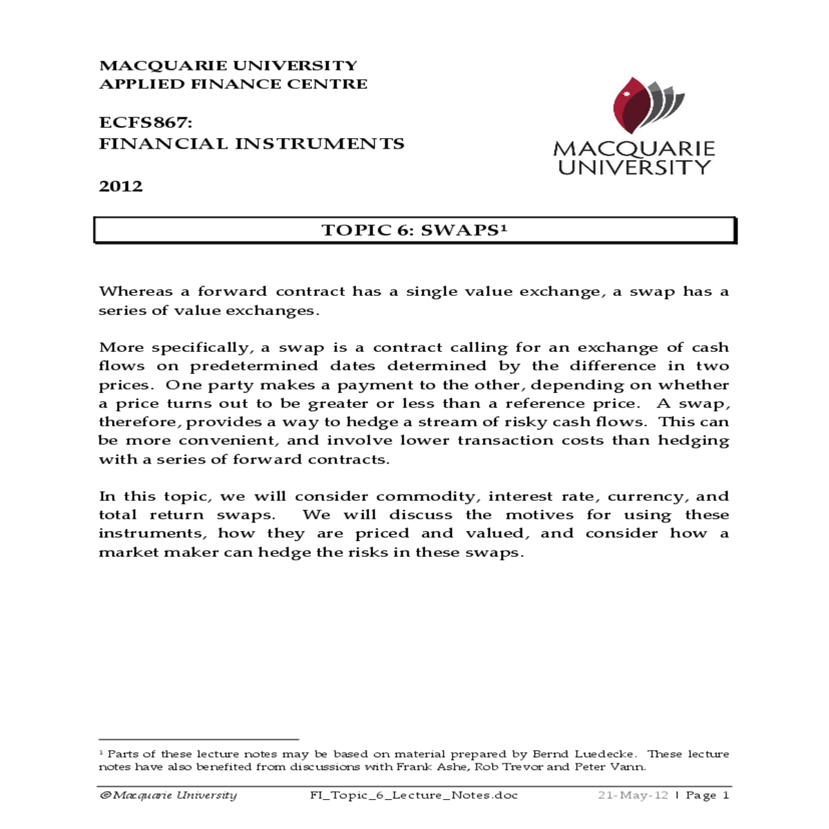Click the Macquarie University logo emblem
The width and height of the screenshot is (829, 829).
(x=647, y=105)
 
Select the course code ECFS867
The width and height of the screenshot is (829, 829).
(x=145, y=123)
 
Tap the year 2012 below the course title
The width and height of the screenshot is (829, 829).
(x=121, y=187)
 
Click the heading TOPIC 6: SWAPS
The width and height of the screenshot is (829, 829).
(x=414, y=231)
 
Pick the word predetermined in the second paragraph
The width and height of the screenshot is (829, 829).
(x=254, y=366)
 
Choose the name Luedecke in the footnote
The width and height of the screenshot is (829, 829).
(x=604, y=754)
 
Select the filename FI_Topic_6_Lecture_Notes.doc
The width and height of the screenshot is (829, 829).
(x=414, y=795)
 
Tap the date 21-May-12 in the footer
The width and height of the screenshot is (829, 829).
(x=633, y=795)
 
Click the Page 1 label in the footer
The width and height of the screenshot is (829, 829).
(x=707, y=795)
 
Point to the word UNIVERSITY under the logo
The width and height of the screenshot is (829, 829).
(x=634, y=168)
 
